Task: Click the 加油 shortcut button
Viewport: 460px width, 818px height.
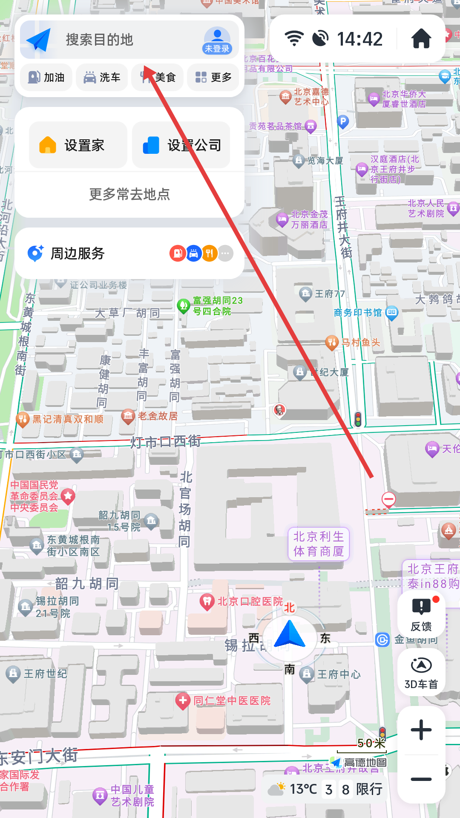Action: [x=46, y=77]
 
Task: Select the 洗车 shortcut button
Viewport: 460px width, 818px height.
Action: [x=102, y=77]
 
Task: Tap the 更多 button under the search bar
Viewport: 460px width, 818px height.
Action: [x=213, y=77]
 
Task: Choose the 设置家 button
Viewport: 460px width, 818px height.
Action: [x=78, y=145]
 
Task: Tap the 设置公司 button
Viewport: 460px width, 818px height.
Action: [x=181, y=145]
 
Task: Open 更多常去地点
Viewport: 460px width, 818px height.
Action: [x=129, y=194]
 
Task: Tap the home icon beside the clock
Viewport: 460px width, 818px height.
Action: [x=421, y=39]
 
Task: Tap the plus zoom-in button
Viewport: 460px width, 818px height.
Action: [x=421, y=730]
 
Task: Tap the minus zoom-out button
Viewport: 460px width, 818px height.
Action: [x=421, y=779]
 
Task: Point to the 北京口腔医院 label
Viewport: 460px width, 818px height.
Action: [x=250, y=602]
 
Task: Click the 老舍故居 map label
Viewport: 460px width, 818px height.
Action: [x=157, y=416]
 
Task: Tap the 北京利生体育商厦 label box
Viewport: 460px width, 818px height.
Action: [x=319, y=544]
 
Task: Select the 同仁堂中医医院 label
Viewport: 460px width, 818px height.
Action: [x=232, y=701]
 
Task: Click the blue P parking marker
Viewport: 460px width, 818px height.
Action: [x=343, y=122]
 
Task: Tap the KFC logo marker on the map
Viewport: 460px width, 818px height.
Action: [x=279, y=410]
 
